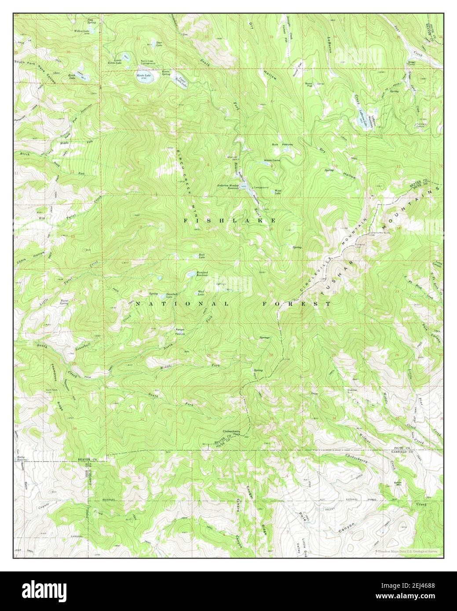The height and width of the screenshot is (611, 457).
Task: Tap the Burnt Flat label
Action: click(x=311, y=83)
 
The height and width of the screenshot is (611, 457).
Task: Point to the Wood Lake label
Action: click(x=278, y=192)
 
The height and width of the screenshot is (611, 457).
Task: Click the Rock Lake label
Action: click(x=202, y=255)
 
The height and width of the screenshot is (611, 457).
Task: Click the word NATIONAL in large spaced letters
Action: click(x=182, y=304)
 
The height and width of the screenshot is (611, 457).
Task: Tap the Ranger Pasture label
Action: click(x=180, y=331)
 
